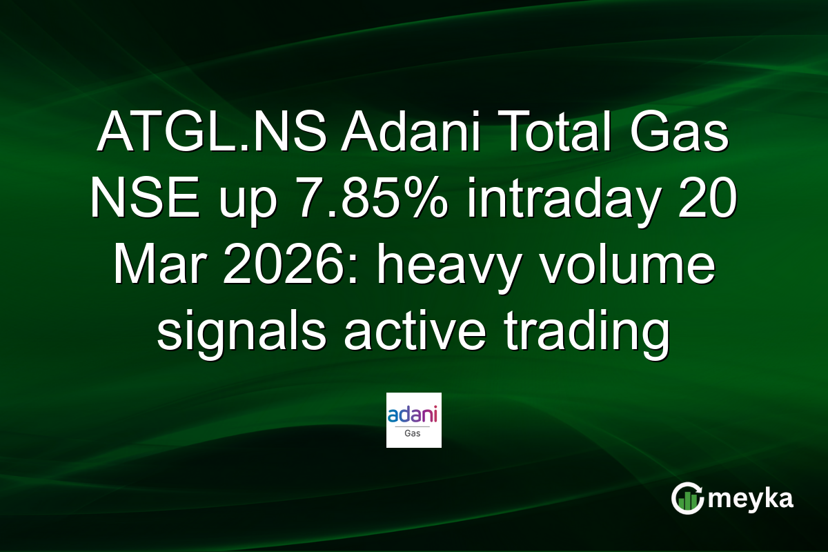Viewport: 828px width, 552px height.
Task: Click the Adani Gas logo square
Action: (x=414, y=420)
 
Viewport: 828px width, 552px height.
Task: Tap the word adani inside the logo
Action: (x=414, y=415)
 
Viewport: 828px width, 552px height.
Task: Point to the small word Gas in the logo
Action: (x=414, y=433)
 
